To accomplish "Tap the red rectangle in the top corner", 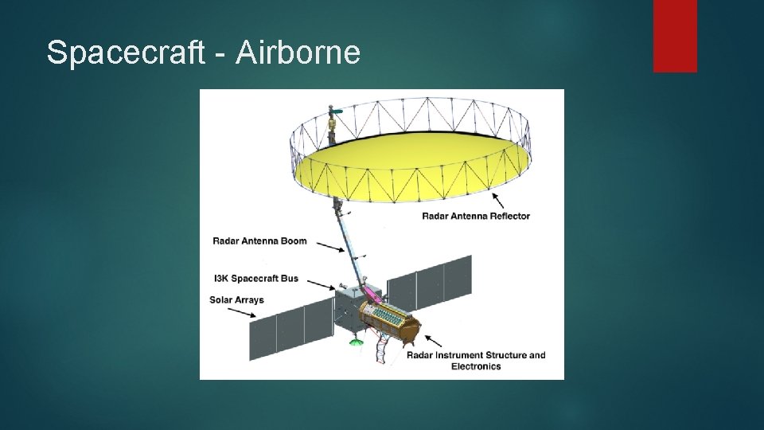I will tap(675, 36).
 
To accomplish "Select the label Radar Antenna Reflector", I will tap(476, 216).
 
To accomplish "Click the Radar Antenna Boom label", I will tap(259, 240).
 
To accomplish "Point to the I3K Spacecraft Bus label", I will tap(255, 278).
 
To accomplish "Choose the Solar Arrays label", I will tap(236, 300).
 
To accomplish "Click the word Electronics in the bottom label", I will tap(476, 366).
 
